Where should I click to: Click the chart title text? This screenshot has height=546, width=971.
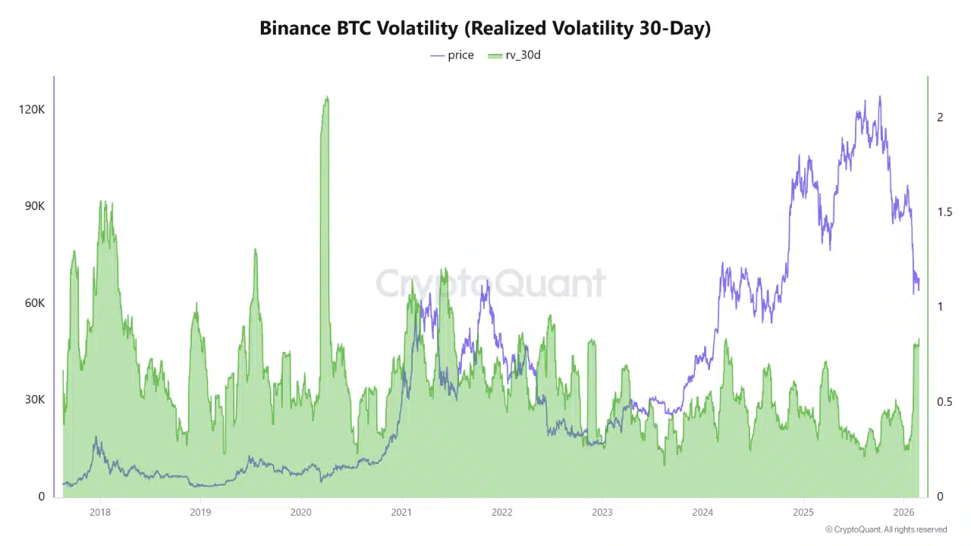point(485,28)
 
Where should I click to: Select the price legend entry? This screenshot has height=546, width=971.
point(452,55)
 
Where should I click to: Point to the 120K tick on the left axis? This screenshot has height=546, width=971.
point(32,109)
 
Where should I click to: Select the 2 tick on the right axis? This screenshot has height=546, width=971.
point(940,117)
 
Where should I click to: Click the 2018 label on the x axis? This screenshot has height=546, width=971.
point(99,512)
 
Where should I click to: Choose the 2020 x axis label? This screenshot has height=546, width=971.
point(300,512)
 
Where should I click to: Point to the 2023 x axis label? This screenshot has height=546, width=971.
point(602,512)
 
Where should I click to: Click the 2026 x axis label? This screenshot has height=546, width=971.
point(903,512)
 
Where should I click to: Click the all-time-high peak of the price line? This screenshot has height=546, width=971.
point(880,96)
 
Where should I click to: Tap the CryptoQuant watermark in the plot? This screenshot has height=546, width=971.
point(491,284)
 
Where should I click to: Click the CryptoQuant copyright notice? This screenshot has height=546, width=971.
point(885,529)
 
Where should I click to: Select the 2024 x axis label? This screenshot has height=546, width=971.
point(702,512)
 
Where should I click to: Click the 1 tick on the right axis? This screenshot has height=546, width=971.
point(940,306)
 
